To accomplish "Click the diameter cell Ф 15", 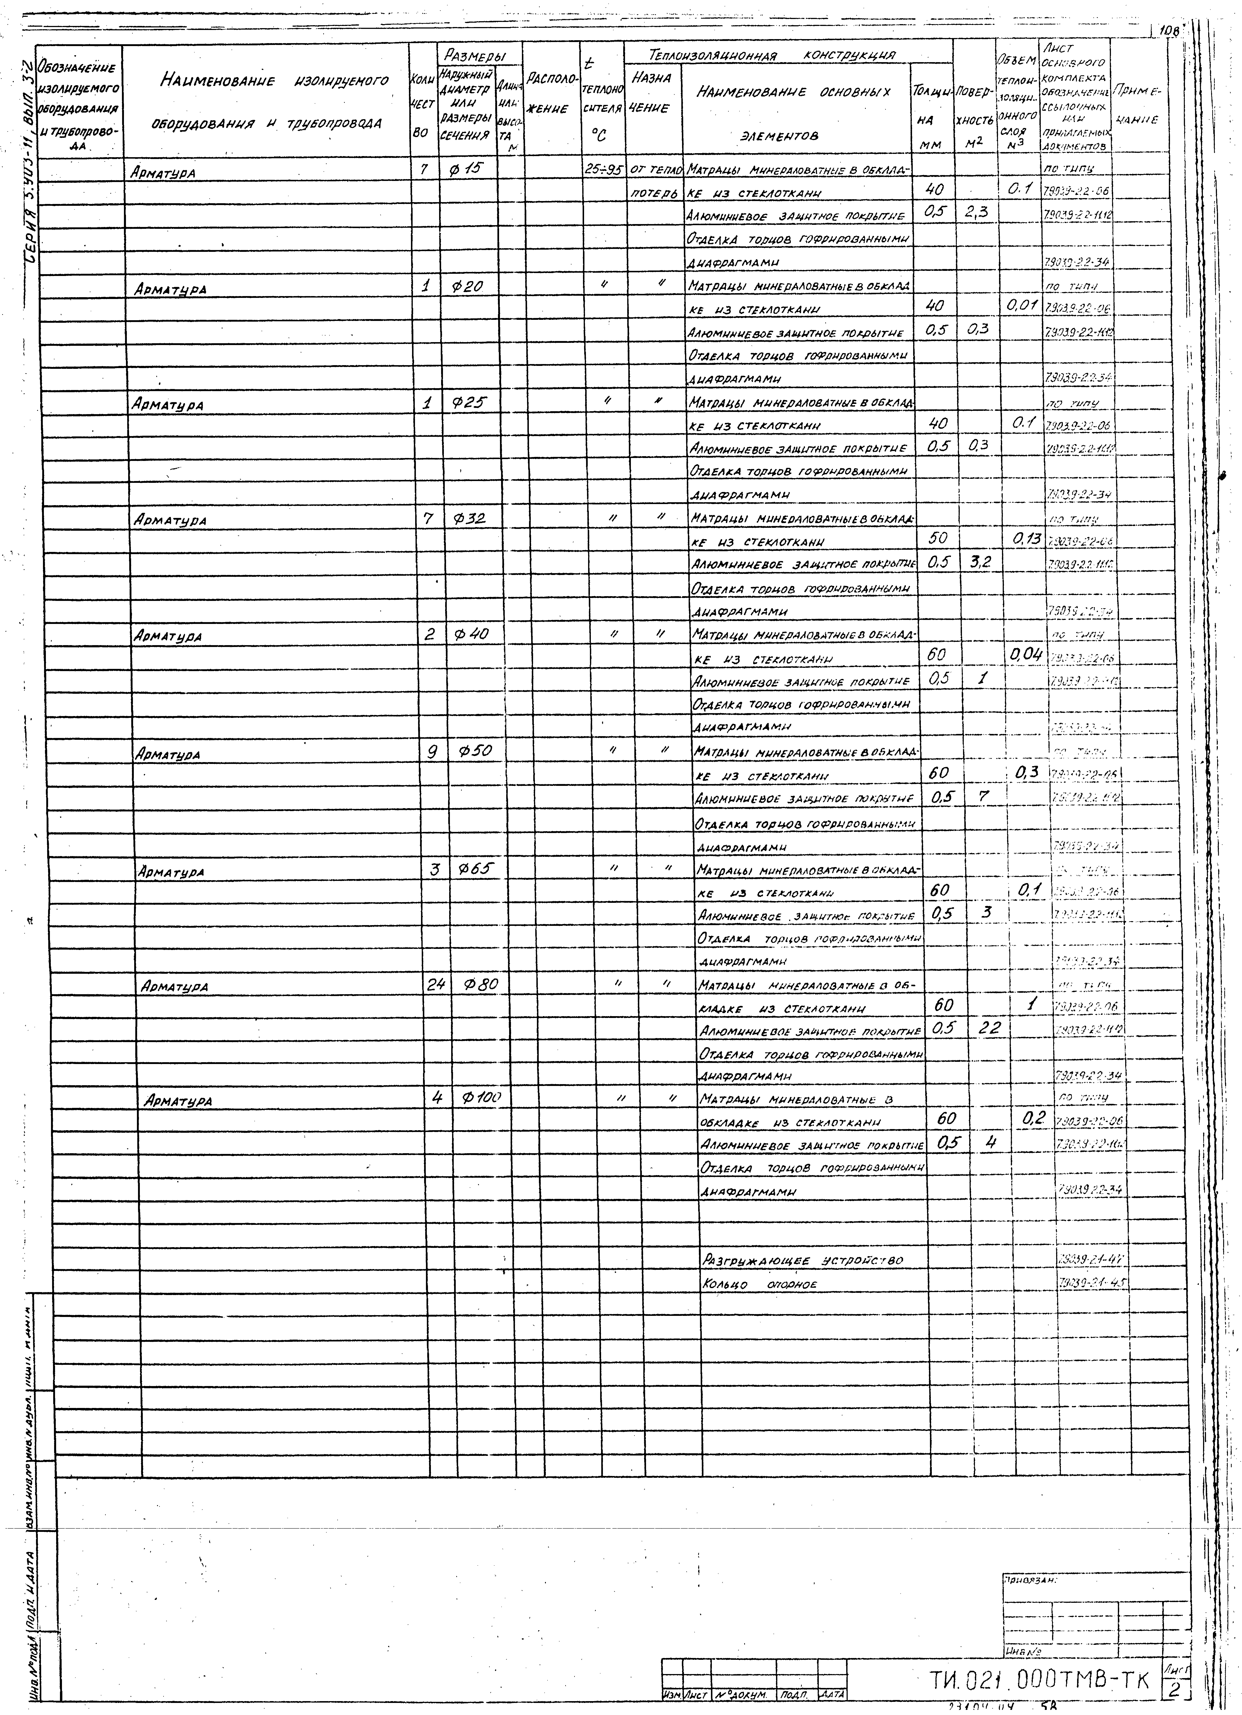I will pos(465,171).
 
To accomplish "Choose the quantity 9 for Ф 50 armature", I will pos(433,752).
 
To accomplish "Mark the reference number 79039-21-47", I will pos(1089,1260).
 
